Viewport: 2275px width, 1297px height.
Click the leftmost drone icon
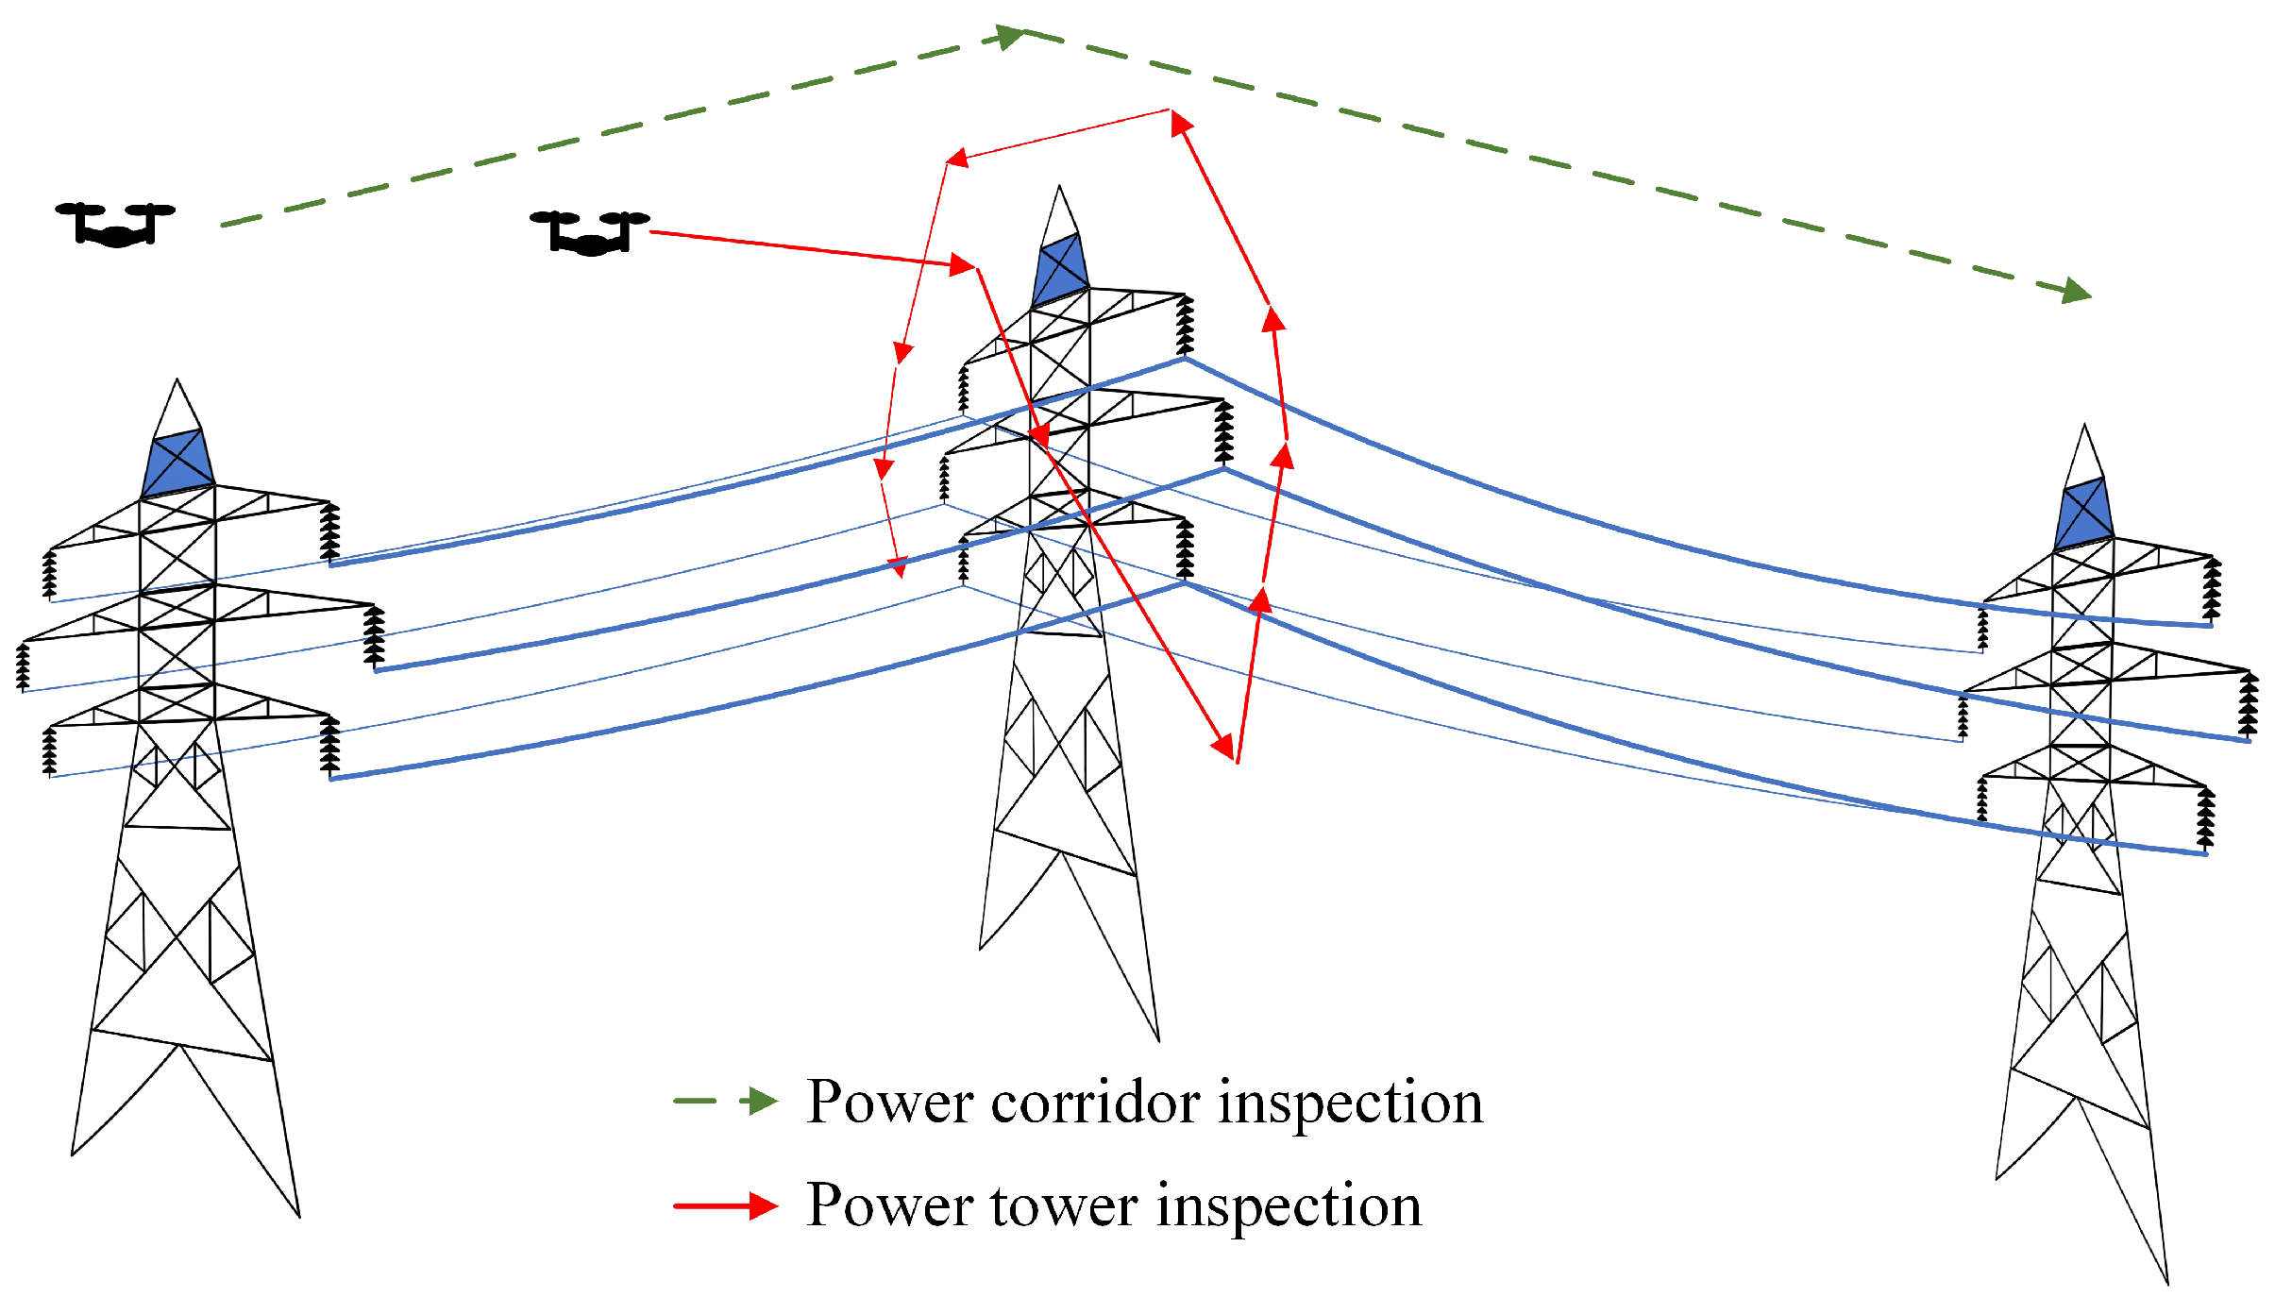point(115,225)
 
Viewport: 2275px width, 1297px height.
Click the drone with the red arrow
point(590,233)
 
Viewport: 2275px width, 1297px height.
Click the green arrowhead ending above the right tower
point(2076,291)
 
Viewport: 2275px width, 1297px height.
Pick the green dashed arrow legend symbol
point(725,1101)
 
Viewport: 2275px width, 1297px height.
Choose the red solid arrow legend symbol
point(725,1205)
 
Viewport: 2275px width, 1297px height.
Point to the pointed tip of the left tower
point(177,381)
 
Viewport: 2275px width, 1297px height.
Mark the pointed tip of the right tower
point(2084,427)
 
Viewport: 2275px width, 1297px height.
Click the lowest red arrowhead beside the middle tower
point(1223,747)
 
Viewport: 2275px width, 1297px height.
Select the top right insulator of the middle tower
point(1185,326)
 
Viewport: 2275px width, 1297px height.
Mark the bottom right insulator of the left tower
point(329,747)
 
